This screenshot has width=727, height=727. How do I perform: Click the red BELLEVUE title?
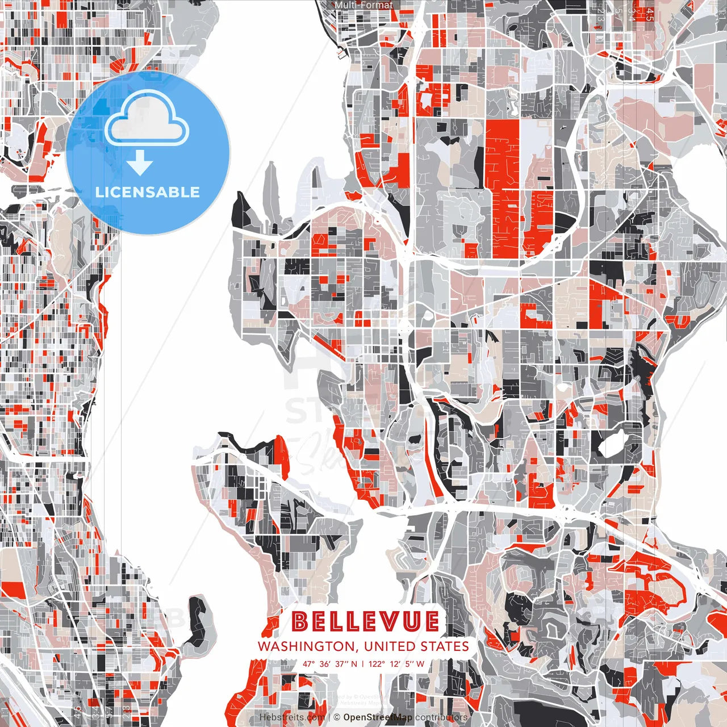coord(365,621)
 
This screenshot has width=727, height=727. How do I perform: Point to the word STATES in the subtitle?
coord(445,646)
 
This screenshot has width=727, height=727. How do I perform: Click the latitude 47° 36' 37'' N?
coord(330,663)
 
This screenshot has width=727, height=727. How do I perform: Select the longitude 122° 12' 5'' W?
coord(396,663)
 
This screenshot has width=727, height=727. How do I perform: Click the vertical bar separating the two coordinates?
coord(362,663)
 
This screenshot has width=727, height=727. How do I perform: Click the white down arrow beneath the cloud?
coord(140,164)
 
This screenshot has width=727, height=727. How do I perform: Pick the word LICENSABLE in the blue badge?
coord(148,192)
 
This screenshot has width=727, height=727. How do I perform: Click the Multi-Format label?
coord(363,5)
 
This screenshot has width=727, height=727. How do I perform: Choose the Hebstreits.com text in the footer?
coord(292,717)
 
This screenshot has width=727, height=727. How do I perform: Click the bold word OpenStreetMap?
coord(378,717)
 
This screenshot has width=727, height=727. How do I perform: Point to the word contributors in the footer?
coord(441,717)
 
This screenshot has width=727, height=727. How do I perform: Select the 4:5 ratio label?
coord(649,14)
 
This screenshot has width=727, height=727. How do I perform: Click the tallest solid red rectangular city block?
coord(502,187)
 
